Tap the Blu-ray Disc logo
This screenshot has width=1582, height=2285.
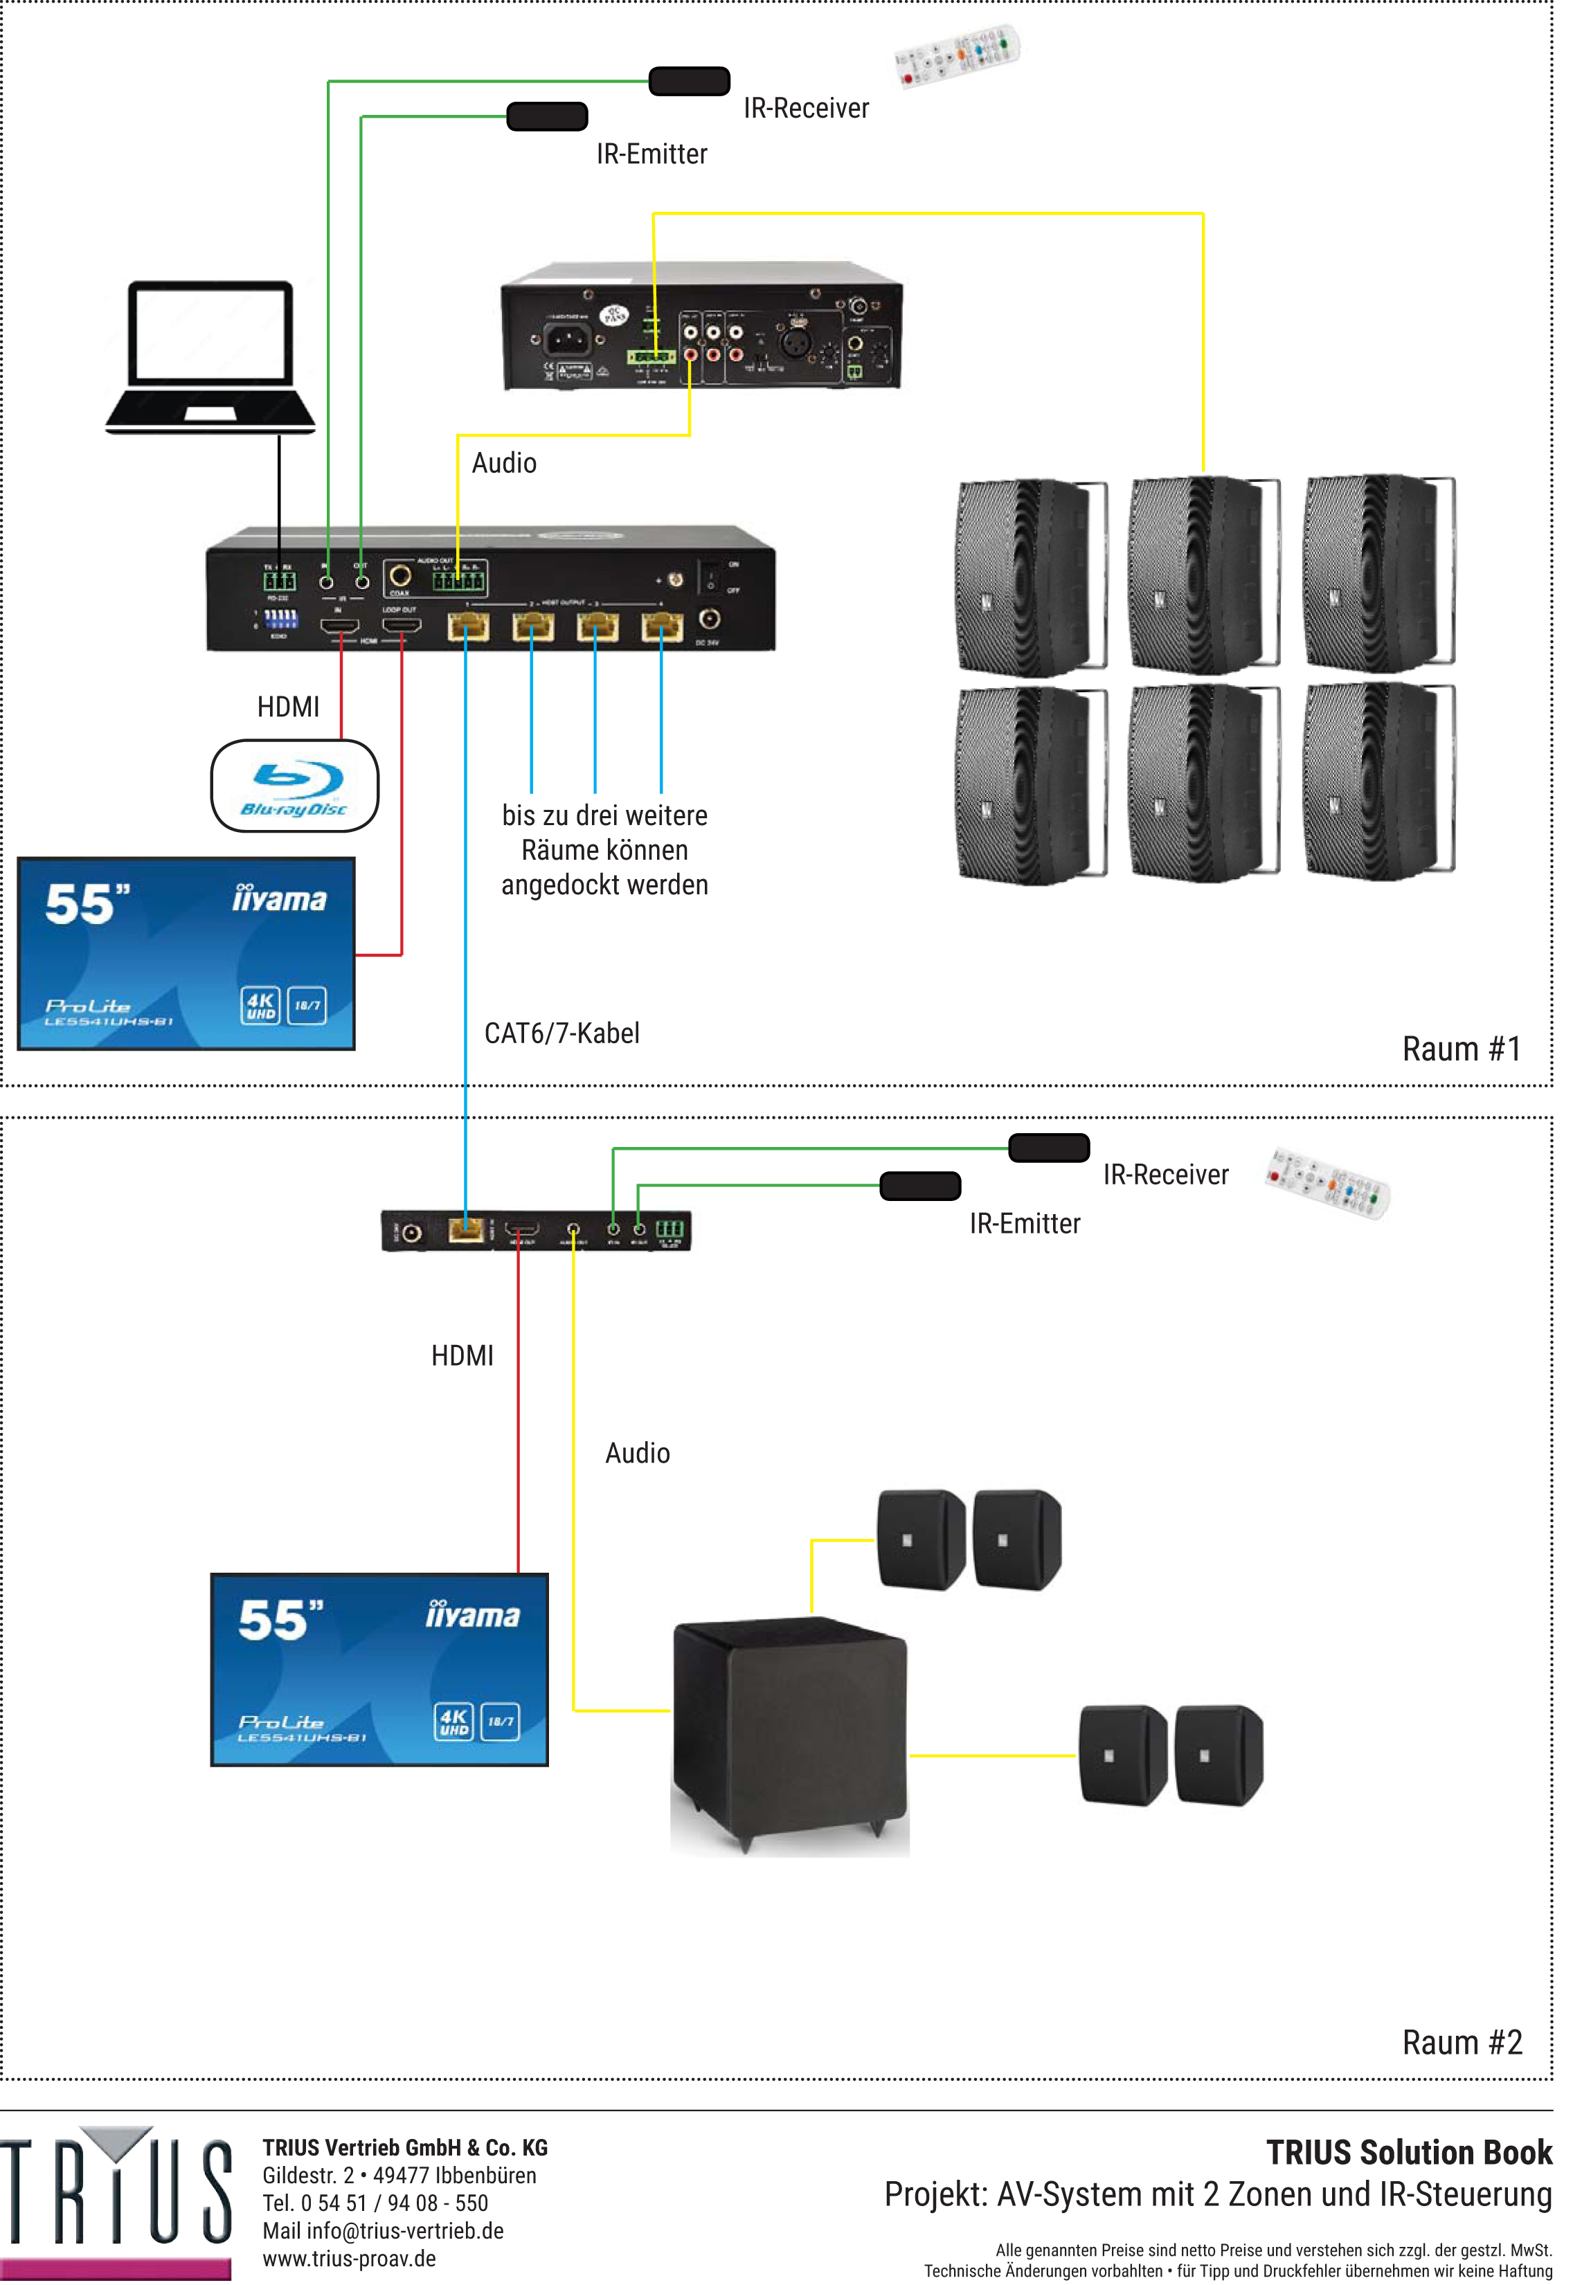[294, 786]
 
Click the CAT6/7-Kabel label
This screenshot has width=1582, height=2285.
[561, 1033]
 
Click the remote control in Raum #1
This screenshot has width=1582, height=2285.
[957, 55]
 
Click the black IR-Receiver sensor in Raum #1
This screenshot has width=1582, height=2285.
[689, 81]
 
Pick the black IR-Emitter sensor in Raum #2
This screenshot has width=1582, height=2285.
[920, 1186]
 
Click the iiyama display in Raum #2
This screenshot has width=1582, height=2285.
[379, 1670]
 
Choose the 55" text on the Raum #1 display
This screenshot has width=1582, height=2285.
[87, 904]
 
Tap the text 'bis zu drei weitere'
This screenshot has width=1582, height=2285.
[604, 815]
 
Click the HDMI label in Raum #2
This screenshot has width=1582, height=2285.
[462, 1355]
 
